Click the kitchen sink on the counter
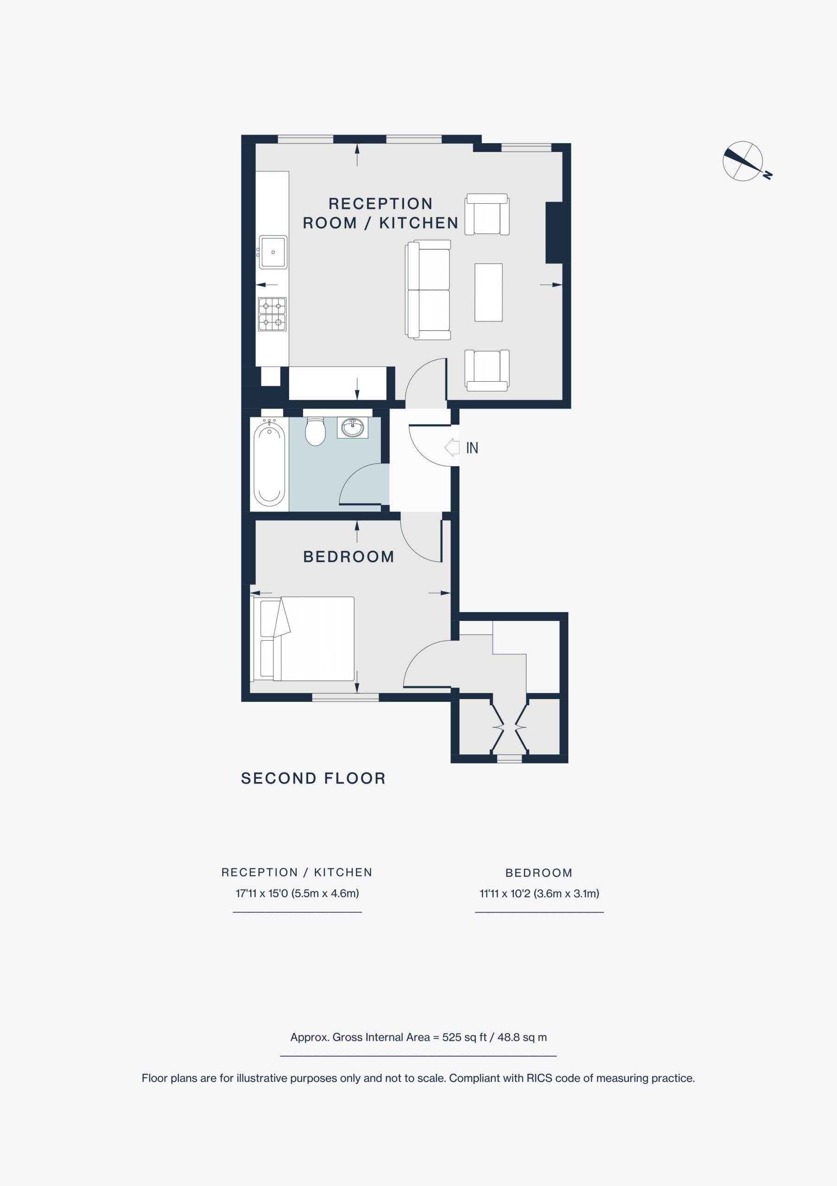click(273, 252)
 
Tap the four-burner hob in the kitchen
click(273, 314)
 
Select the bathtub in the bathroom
click(269, 463)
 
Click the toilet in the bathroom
click(315, 431)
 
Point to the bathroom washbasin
click(352, 427)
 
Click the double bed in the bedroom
click(302, 638)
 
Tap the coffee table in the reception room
click(488, 292)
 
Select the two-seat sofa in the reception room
click(428, 290)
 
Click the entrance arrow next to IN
click(452, 448)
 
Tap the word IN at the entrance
click(472, 448)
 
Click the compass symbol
click(744, 162)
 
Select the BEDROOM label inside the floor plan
click(349, 557)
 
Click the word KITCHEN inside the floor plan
click(419, 223)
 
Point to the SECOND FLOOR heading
click(314, 778)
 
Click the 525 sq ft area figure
click(464, 1037)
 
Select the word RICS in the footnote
click(539, 1078)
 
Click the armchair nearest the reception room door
click(487, 370)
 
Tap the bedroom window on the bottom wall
click(346, 697)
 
